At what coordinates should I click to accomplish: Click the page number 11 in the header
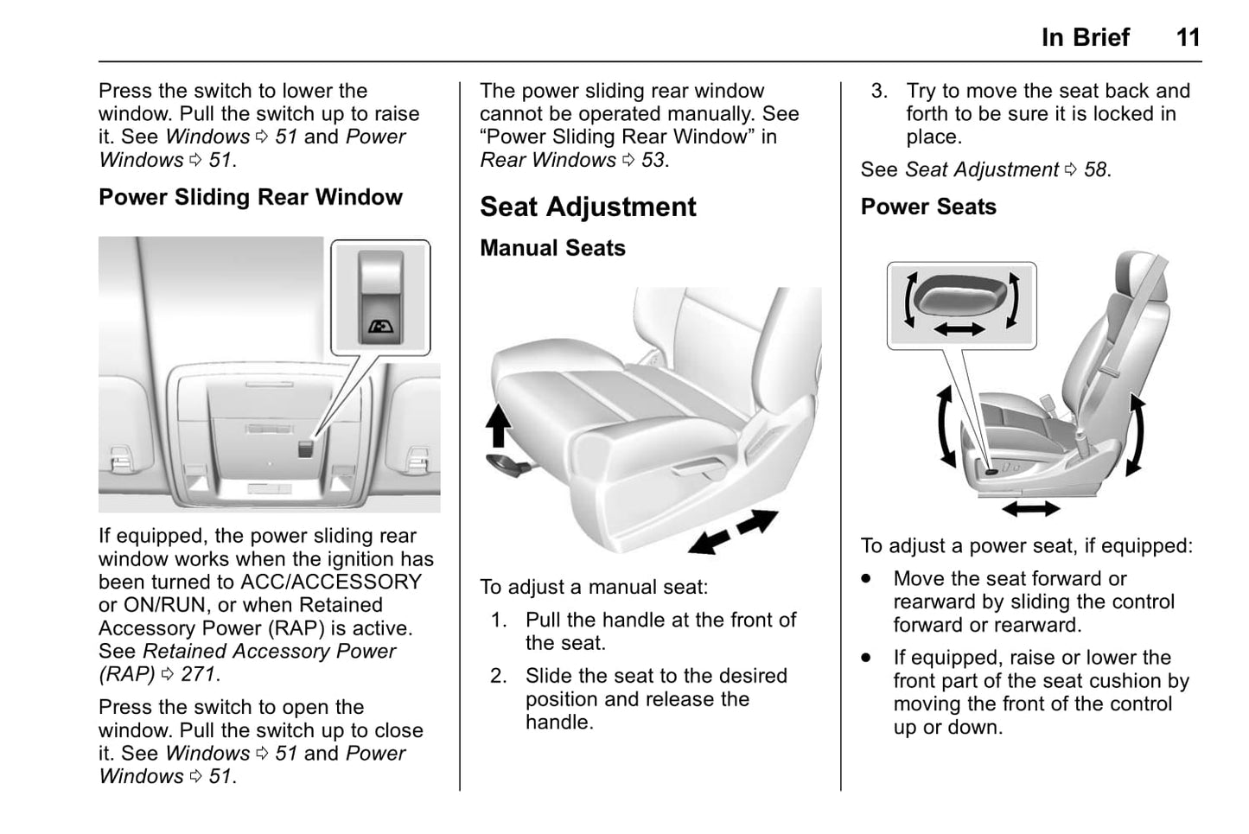[x=1188, y=37]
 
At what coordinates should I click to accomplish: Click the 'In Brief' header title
[x=1085, y=37]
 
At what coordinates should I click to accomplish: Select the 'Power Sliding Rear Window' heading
[x=251, y=197]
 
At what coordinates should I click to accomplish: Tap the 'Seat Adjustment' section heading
[x=588, y=207]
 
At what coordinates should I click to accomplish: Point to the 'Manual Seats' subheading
[x=552, y=248]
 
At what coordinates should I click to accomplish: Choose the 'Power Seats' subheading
[x=928, y=207]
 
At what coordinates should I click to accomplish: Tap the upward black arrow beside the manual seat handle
[x=499, y=426]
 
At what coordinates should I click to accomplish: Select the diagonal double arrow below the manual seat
[x=734, y=531]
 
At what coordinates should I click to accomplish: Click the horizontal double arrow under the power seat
[x=1030, y=508]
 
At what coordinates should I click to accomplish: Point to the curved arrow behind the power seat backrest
[x=1137, y=436]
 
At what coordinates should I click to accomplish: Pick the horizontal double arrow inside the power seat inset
[x=959, y=328]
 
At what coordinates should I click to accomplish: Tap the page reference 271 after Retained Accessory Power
[x=199, y=674]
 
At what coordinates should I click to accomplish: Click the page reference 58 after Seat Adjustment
[x=1095, y=169]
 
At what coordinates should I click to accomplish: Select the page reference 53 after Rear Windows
[x=653, y=160]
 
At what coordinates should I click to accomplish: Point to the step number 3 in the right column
[x=878, y=91]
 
